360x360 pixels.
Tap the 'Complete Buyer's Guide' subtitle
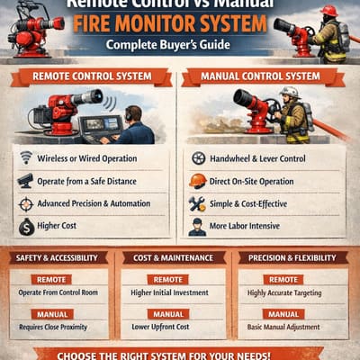[179, 44]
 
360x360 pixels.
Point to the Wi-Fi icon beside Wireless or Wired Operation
[26, 158]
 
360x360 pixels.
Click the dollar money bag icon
[26, 227]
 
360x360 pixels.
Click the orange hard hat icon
[198, 181]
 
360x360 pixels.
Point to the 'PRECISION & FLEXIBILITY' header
[292, 258]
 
